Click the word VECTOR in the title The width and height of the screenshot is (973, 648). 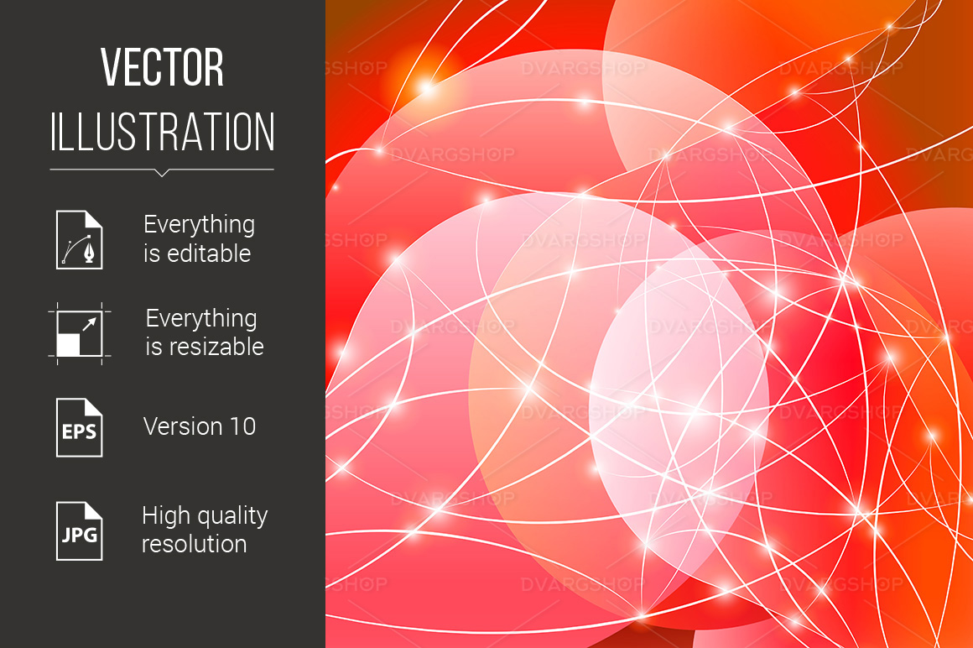(x=162, y=67)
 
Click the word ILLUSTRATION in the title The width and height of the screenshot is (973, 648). (x=162, y=132)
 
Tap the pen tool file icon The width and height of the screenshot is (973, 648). (x=80, y=239)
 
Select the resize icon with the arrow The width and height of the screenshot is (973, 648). (x=80, y=333)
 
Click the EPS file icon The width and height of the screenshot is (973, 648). (x=80, y=427)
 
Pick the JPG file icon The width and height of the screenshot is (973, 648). (x=80, y=531)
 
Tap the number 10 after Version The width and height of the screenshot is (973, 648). (x=242, y=426)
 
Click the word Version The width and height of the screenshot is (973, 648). (x=183, y=426)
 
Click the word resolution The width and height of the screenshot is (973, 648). (x=195, y=545)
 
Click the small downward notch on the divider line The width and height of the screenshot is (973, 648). (x=162, y=173)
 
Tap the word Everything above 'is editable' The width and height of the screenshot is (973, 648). (x=199, y=225)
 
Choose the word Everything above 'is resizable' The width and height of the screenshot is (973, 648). (x=201, y=319)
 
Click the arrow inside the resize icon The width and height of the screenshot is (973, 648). (x=90, y=324)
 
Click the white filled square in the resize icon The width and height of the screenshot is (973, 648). (x=68, y=344)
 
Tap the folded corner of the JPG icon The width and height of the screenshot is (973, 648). (x=94, y=510)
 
